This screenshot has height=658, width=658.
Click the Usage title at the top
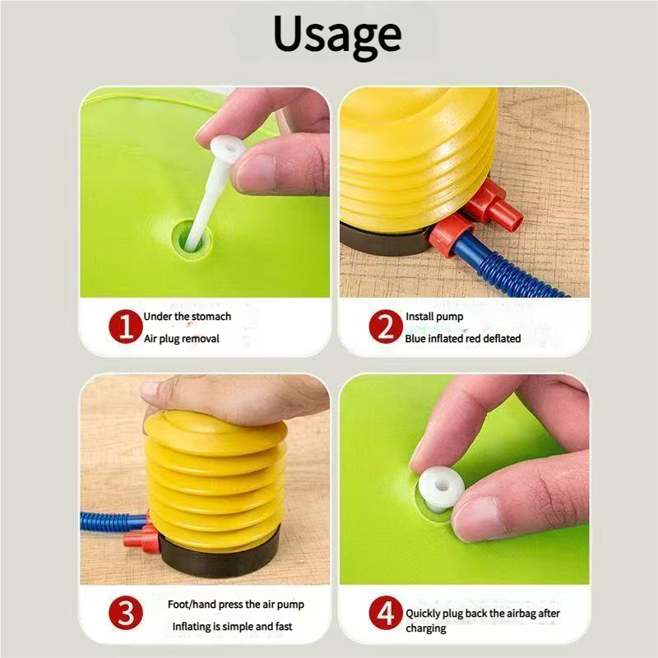(x=337, y=35)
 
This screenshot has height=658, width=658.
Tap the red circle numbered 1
(x=126, y=327)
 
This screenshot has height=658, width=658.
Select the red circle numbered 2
(x=386, y=327)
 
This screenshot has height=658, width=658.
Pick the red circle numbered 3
(x=126, y=613)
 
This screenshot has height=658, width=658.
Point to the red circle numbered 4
(x=386, y=613)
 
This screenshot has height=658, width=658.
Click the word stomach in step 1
(x=211, y=317)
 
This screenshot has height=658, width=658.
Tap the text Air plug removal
(x=182, y=339)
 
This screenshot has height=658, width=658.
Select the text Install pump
(x=434, y=317)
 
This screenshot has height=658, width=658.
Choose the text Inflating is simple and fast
(x=232, y=627)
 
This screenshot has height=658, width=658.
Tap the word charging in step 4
(x=426, y=628)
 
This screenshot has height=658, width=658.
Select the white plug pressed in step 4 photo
(x=441, y=489)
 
